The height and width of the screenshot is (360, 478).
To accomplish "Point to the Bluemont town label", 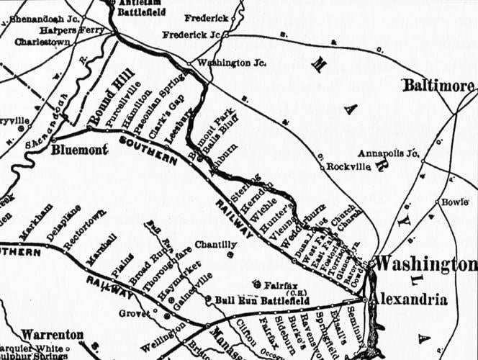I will (x=80, y=149).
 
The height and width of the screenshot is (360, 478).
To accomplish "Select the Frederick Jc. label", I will (x=191, y=34).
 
